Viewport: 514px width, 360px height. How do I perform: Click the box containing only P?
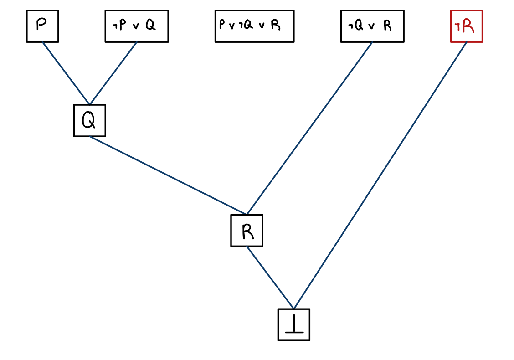coord(42,26)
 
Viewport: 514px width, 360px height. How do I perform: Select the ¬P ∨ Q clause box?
coord(137,26)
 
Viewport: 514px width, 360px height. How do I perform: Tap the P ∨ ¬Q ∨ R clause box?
coord(254,26)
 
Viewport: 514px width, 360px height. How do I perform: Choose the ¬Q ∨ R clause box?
coord(372,26)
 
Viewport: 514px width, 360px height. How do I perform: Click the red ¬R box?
coord(466,26)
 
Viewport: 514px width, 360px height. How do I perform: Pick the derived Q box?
coord(90,121)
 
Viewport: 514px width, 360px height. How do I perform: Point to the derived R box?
coord(247,231)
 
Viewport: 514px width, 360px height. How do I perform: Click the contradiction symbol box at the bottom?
coord(294,324)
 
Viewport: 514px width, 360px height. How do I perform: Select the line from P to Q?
coord(66,73)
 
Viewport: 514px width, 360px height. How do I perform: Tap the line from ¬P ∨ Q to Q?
coord(113,73)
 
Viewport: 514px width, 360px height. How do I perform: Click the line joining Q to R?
coord(168,175)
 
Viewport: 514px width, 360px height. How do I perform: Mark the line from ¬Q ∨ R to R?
coord(309,128)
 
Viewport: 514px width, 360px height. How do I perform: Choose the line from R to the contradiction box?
coord(270,278)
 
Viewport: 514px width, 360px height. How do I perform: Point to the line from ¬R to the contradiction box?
coord(380,175)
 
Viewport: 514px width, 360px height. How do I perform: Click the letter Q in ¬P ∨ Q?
coord(150,26)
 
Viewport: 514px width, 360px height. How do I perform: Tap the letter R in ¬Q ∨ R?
coord(387,26)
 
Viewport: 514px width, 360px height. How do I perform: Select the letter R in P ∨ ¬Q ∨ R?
coord(275,25)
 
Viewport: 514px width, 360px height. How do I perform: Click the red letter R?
coord(468,26)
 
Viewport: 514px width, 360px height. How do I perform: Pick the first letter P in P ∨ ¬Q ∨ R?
coord(222,25)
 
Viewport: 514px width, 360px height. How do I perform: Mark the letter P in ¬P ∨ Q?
coord(123,26)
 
